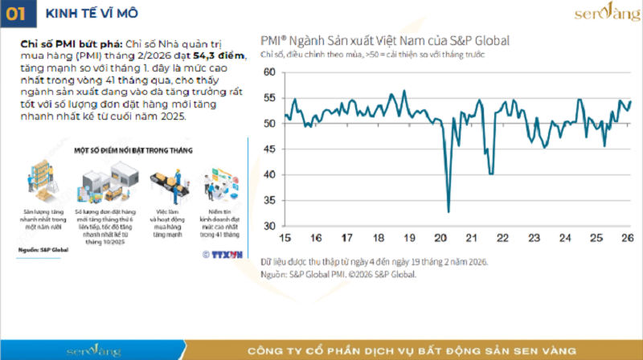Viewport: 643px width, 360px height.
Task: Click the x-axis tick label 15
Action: point(284,239)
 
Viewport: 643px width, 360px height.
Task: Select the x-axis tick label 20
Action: point(440,239)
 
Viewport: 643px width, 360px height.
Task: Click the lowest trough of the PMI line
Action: point(448,211)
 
